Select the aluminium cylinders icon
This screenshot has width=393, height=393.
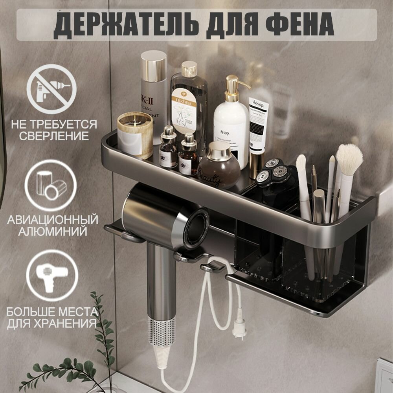tap(51, 185)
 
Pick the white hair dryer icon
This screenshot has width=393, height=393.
tap(51, 275)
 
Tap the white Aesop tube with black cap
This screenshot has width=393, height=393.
tap(258, 130)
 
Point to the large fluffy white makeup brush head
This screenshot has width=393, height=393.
tap(349, 159)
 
